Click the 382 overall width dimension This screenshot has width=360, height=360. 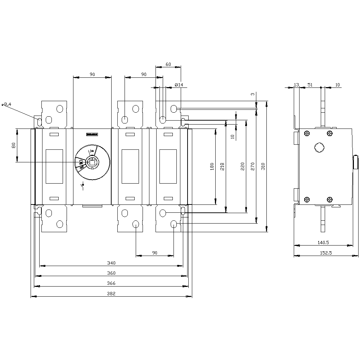(x=112, y=294)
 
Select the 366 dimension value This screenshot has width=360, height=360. (x=112, y=283)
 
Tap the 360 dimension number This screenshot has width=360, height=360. (x=112, y=273)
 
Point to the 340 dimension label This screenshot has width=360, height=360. (x=112, y=263)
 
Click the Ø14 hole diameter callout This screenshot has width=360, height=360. (x=179, y=85)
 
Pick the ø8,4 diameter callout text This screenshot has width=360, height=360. (x=6, y=104)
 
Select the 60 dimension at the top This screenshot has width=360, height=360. (x=168, y=64)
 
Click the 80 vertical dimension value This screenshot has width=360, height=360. (x=14, y=146)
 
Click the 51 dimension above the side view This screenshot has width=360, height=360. (x=310, y=85)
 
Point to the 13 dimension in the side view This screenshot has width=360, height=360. (x=296, y=85)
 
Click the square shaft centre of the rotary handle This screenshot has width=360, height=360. (x=92, y=162)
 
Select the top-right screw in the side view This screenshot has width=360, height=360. (x=330, y=134)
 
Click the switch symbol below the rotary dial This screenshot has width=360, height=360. (x=83, y=187)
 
